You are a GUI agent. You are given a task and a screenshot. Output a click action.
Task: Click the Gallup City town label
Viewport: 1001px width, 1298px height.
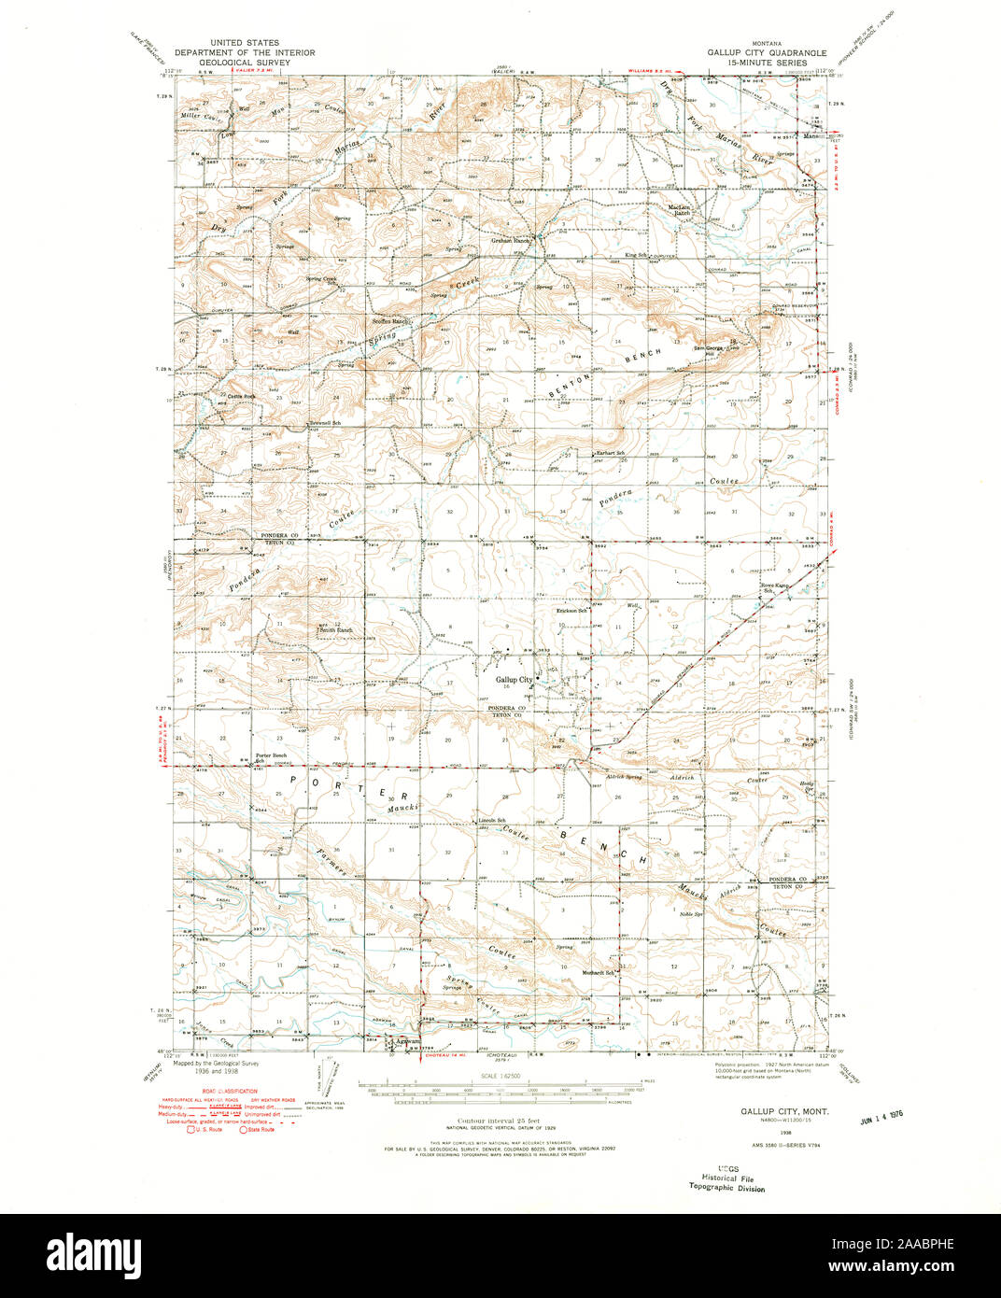pos(514,680)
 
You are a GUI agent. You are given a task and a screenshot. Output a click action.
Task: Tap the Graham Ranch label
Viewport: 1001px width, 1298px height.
pos(511,240)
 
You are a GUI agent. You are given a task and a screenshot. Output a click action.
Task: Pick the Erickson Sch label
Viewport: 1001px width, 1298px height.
pos(571,611)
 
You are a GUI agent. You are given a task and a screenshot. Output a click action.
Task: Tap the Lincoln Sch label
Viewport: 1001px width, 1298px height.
pos(492,821)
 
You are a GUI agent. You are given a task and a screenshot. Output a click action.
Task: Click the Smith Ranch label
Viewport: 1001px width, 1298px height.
pos(336,630)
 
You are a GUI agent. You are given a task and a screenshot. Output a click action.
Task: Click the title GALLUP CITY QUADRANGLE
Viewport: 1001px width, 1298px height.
pos(766,53)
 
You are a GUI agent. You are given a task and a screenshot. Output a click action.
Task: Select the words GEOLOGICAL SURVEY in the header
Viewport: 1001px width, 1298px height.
pos(237,63)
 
